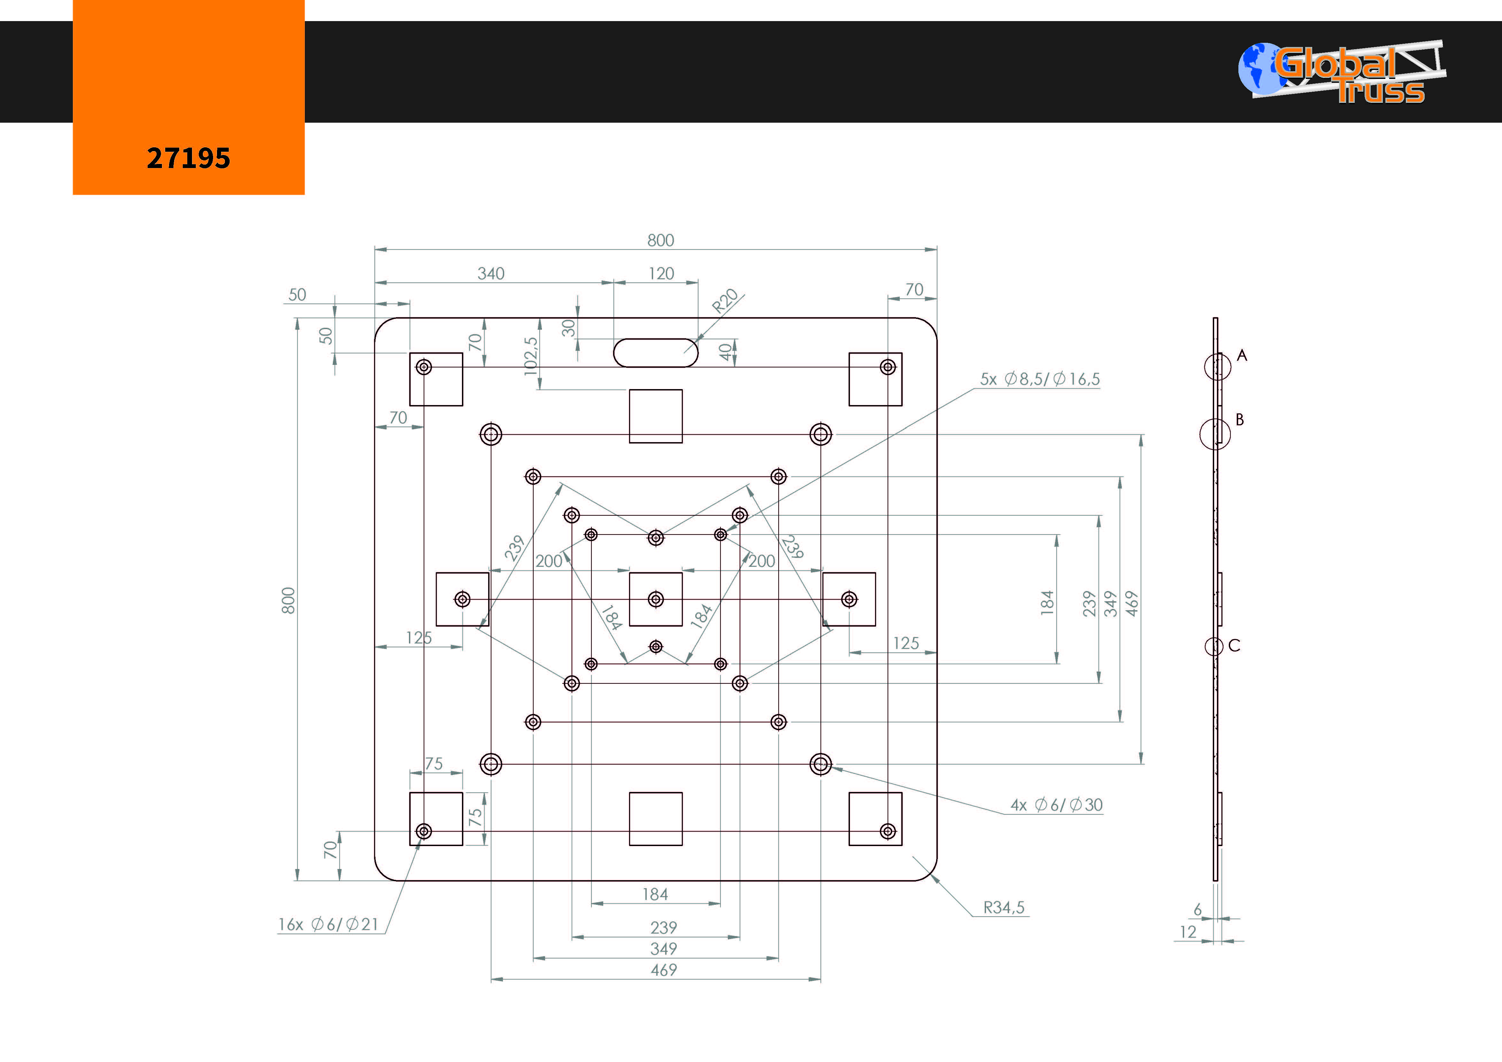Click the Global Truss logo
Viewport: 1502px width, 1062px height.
click(1341, 72)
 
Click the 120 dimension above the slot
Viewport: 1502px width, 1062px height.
click(661, 273)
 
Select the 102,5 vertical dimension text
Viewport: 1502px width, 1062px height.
click(531, 357)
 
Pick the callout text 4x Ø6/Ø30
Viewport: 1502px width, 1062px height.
click(1057, 805)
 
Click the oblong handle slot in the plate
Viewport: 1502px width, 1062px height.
click(656, 353)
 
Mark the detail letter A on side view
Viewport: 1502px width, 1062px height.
click(1242, 355)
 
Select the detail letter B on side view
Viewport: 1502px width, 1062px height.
click(1239, 419)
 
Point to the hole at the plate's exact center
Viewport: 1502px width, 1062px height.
click(656, 599)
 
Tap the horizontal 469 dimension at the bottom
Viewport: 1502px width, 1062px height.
click(663, 970)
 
